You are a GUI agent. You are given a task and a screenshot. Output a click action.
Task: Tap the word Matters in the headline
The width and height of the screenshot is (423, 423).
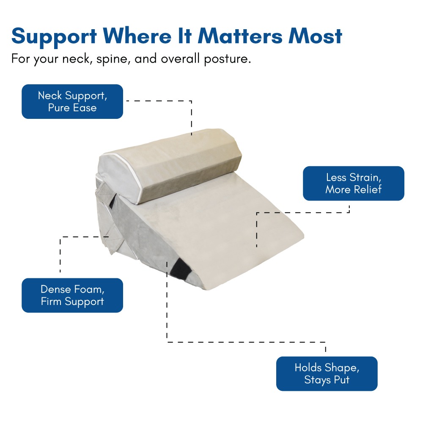(x=240, y=36)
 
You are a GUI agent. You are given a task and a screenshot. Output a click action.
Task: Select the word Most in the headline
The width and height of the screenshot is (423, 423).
(x=316, y=36)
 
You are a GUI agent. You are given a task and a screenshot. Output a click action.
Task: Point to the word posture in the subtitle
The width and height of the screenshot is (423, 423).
(x=228, y=59)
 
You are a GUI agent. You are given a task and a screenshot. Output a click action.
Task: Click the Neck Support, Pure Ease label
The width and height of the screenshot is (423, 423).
(x=72, y=102)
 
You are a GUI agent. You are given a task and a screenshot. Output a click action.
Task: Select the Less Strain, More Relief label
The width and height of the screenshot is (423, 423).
(x=353, y=184)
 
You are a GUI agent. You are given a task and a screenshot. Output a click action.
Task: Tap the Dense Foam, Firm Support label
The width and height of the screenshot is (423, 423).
(x=72, y=295)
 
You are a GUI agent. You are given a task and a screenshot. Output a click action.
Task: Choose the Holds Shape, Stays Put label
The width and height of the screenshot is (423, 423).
(x=327, y=374)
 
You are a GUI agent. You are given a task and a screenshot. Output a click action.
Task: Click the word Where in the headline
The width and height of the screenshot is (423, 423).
(x=137, y=36)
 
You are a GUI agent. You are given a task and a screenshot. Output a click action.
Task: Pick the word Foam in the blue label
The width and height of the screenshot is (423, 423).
(x=89, y=289)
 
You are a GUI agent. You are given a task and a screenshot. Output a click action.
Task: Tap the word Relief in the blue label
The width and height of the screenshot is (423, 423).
(x=368, y=190)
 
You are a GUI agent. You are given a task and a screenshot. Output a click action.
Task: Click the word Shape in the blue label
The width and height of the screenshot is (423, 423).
(x=342, y=368)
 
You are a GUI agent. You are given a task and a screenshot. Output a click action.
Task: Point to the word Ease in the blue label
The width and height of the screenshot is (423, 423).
(x=85, y=107)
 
